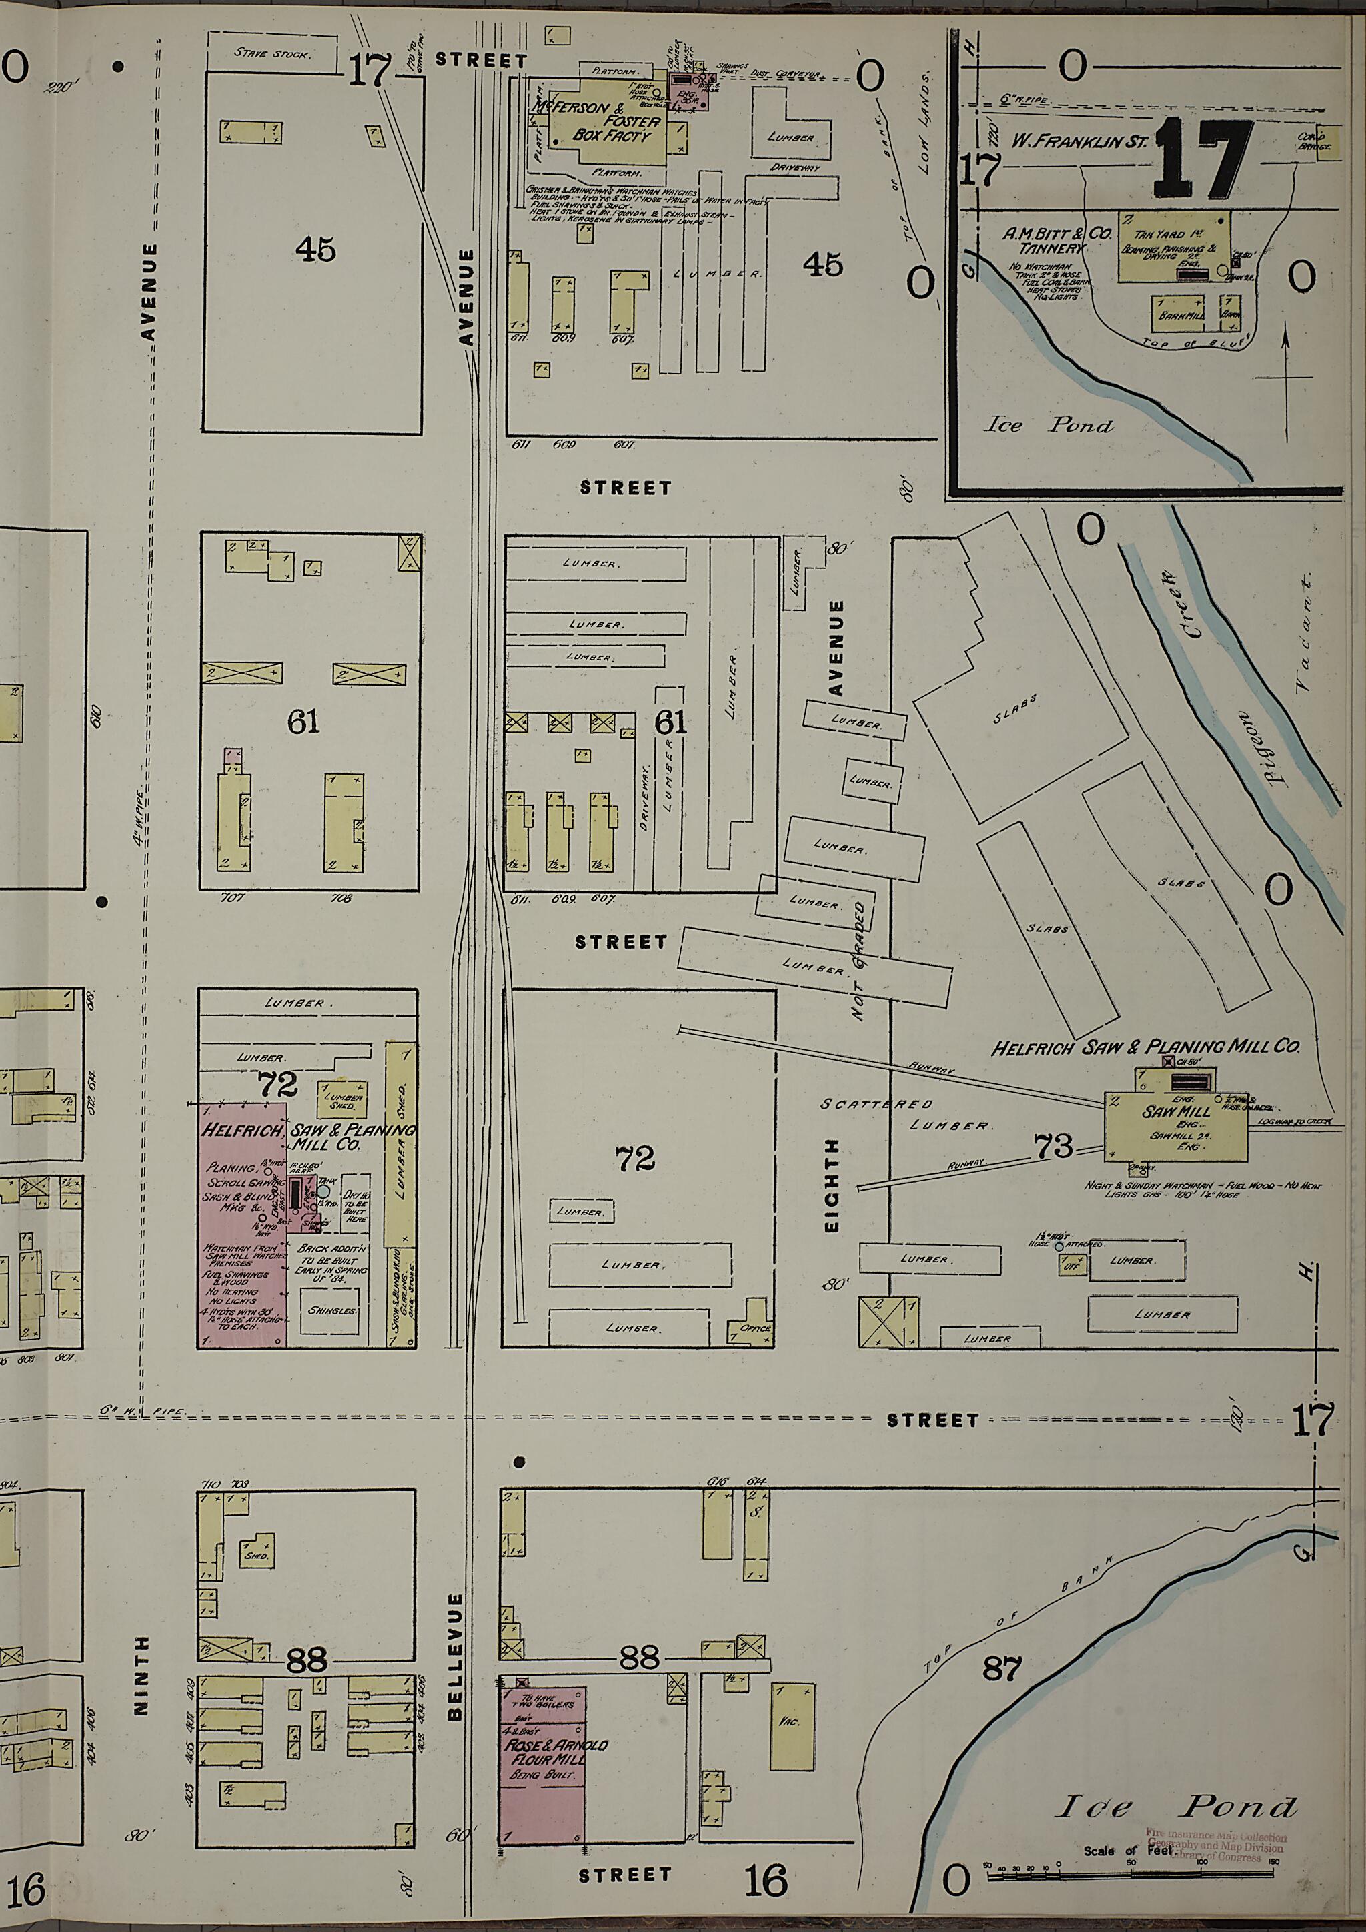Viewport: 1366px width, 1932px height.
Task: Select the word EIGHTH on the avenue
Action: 832,1185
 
